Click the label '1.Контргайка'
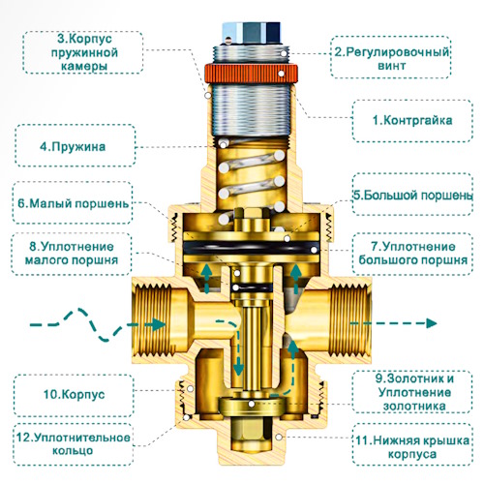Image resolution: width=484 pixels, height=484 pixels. pos(412,120)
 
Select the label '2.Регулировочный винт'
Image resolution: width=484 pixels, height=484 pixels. pos(392,58)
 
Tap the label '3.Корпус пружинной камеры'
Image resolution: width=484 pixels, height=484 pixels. pos(84,52)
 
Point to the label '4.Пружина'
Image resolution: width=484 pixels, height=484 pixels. pos(73,147)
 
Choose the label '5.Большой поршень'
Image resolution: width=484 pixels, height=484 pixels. pos(413,196)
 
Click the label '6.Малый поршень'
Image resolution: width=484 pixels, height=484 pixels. pos(73,204)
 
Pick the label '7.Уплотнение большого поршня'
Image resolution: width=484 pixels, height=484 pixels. pos(413,254)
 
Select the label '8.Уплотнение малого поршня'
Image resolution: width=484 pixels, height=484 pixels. pos(72,254)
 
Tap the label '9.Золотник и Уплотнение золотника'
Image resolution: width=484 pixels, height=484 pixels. pos(414,392)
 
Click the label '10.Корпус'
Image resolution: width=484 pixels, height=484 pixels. pos(75,394)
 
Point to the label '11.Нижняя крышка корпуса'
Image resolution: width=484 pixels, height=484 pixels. pos(412,447)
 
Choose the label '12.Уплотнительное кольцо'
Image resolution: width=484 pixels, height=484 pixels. pos(74,444)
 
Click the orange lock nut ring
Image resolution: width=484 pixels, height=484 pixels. pos(251,74)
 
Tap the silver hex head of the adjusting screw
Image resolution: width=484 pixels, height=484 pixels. pos(252,32)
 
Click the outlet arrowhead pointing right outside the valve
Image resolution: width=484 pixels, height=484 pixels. pos(432,323)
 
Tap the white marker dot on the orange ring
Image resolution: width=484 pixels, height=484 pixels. pos(282,74)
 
